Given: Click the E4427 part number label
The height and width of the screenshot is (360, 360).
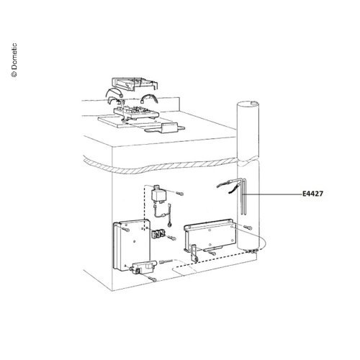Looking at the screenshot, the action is pos(312,194).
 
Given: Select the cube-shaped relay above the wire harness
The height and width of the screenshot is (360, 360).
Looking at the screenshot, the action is pos(157,194).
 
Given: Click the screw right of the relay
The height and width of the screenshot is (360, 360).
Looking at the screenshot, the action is pos(179,193).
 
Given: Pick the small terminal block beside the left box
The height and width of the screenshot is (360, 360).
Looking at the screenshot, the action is pos(158,234).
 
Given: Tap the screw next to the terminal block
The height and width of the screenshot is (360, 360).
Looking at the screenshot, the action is pos(172,238).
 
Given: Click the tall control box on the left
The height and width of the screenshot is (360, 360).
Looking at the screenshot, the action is pos(132,244).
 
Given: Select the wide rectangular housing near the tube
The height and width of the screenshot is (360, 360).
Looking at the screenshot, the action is pos(210,235).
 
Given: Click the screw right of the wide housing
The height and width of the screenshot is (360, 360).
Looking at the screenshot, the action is pos(248,228).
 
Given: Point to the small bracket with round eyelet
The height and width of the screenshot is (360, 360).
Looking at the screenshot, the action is pos(194,253).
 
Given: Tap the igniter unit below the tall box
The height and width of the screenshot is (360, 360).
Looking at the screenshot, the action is pos(143,267).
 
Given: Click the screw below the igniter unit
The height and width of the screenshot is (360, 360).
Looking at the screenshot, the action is pos(153,279).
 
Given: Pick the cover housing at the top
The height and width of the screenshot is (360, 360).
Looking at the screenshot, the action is pos(135,84).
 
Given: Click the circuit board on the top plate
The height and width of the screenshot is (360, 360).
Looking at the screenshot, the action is pos(136,112).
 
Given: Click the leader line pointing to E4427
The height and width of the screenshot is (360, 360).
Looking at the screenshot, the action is pos(272,194).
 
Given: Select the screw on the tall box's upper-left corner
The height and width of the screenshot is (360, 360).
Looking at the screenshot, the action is pos(126,230).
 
